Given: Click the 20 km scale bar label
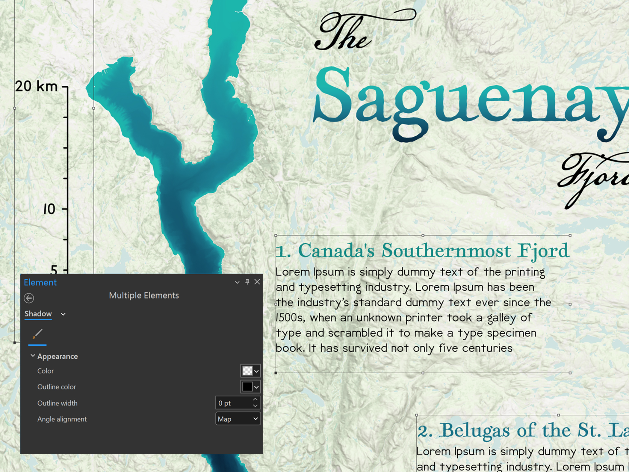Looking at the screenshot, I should [36, 87].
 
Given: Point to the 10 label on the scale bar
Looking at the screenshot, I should [49, 209].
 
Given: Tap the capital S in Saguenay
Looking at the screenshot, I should [332, 96].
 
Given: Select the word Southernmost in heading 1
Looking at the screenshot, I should [446, 251].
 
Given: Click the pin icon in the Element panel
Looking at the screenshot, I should [247, 282].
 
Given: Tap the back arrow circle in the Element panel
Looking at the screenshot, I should [29, 298].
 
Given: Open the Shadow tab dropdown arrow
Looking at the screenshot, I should [63, 314].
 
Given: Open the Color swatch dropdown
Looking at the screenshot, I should [256, 371].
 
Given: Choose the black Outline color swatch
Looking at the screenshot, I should [247, 387].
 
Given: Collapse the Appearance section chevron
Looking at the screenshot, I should [33, 356].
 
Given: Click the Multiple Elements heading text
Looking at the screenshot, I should [144, 295].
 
